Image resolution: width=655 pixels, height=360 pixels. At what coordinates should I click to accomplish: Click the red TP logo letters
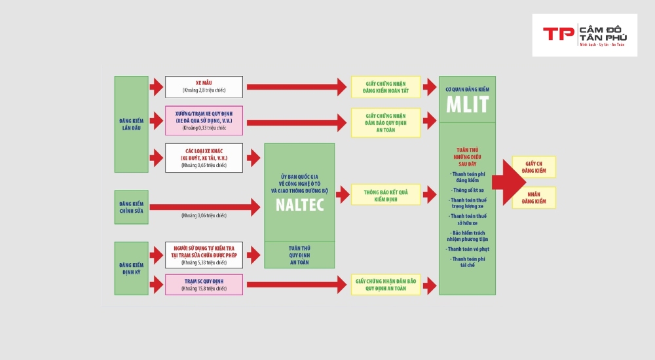pos(557,34)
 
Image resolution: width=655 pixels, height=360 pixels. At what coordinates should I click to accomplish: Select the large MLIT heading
pos(467,105)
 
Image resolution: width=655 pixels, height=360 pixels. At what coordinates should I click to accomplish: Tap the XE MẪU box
pos(204,86)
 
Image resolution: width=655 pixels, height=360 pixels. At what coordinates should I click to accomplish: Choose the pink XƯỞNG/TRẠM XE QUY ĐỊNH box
pos(204,120)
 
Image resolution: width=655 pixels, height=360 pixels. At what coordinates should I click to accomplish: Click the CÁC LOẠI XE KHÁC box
pos(204,158)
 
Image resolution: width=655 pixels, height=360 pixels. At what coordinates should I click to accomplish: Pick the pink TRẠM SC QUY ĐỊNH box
pos(204,284)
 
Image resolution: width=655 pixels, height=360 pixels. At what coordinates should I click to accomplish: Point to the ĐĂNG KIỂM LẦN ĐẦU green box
pos(131,124)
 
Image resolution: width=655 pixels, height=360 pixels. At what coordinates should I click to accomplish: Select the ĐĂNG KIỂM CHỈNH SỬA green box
pos(131,207)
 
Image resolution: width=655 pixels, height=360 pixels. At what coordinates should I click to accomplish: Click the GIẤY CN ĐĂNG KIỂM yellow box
pos(534,167)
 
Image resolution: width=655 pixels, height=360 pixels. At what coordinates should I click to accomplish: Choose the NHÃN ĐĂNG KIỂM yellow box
pos(534,198)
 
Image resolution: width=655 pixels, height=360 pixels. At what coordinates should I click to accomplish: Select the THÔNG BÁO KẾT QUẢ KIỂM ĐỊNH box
pos(385,194)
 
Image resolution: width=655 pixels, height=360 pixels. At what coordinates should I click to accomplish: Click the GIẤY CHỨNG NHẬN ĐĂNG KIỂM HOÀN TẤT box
pos(385,86)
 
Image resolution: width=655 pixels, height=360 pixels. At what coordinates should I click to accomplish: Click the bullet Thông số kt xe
pos(467,190)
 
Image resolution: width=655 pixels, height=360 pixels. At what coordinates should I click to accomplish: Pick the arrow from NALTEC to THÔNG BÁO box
pos(343,194)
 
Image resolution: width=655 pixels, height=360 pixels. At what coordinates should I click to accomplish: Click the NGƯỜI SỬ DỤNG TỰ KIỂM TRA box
pos(204,255)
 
